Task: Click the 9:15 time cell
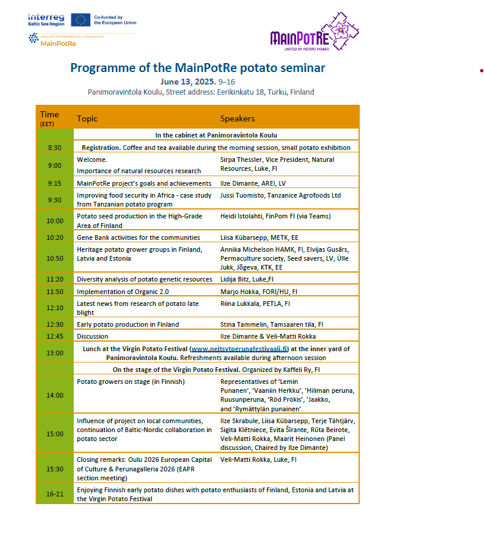(55, 183)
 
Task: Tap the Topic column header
(87, 118)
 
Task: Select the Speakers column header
(237, 118)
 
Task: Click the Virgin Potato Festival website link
(239, 349)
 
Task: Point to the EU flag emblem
(80, 20)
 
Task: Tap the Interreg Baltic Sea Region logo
(46, 20)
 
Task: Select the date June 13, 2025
(188, 82)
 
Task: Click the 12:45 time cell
(55, 336)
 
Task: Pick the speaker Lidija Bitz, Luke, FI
(247, 279)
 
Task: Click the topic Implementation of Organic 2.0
(122, 292)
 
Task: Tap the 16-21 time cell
(55, 494)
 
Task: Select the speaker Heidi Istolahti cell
(275, 216)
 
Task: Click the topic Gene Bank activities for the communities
(139, 237)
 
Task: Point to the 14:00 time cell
(55, 395)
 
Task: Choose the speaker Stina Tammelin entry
(272, 324)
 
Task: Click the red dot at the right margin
(482, 71)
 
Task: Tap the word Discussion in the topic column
(93, 336)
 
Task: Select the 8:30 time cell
(55, 148)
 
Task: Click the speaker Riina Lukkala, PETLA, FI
(255, 304)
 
